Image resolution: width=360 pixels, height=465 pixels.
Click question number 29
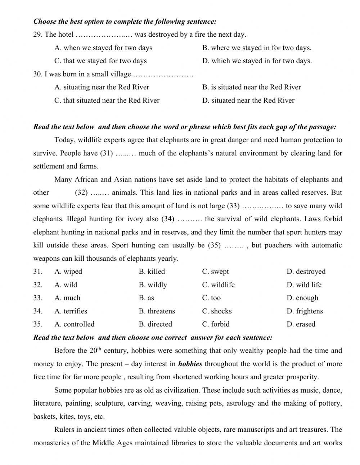(x=38, y=35)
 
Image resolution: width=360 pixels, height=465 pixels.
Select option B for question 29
(x=257, y=48)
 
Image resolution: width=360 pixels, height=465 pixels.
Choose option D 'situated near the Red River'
(x=248, y=100)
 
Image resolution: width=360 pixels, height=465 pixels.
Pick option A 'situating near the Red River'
(x=102, y=87)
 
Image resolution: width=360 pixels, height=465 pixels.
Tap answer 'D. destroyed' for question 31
(x=306, y=272)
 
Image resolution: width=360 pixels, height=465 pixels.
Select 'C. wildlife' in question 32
(x=218, y=285)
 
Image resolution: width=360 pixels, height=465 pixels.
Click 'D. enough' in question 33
(x=302, y=298)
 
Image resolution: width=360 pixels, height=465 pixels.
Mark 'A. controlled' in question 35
(x=74, y=324)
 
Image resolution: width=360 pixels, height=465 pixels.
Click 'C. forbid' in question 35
(x=216, y=324)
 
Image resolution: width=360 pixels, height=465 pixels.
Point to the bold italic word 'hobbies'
(x=190, y=364)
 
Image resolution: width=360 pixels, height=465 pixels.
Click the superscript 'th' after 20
(x=100, y=349)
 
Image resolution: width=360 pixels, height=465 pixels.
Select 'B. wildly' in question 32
(x=153, y=285)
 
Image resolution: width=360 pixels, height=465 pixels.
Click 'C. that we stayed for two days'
(x=100, y=61)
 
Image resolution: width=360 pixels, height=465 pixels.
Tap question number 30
(x=38, y=74)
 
